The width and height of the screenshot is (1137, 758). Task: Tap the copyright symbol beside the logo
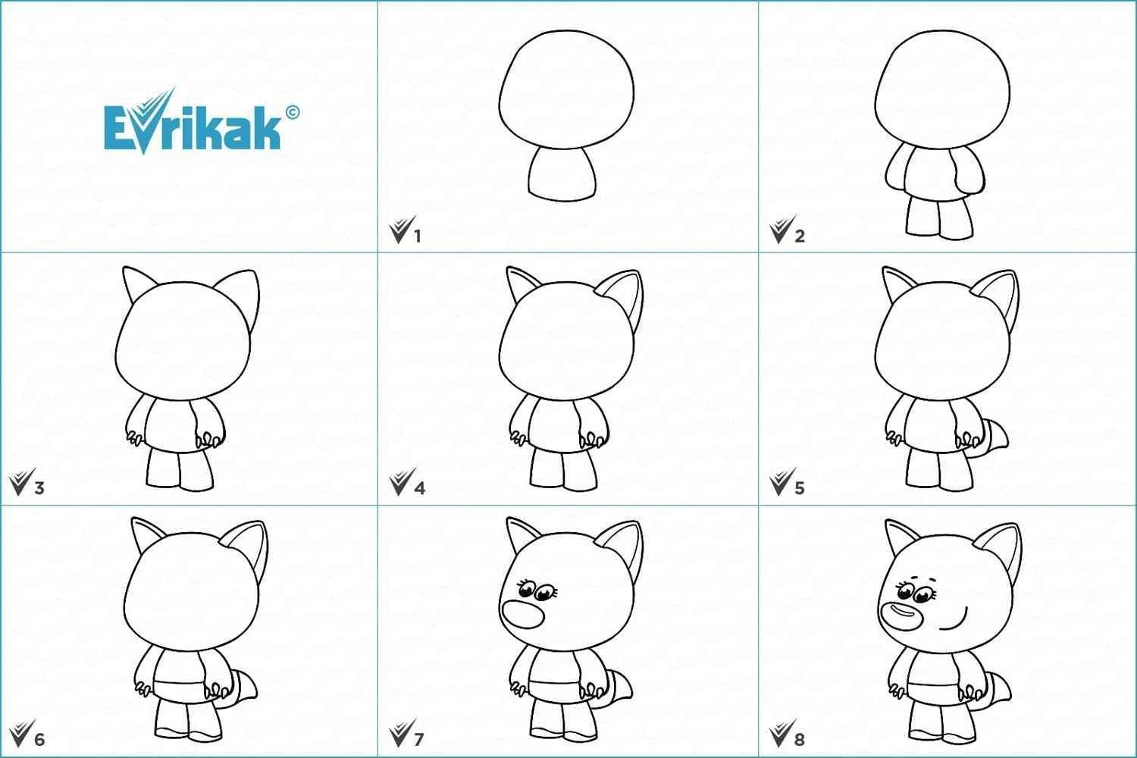coord(293,111)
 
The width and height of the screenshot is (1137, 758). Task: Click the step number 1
coord(417,236)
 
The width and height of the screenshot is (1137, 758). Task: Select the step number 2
coord(800,236)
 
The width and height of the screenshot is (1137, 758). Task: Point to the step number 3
coord(39,488)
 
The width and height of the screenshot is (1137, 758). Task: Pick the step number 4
coord(420,488)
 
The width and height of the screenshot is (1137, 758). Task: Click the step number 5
coord(800,488)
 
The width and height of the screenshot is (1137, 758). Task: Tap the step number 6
coord(39,739)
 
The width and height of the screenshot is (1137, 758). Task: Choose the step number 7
coord(418,739)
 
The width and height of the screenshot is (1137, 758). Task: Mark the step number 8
coord(800,739)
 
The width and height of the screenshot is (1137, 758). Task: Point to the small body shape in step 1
coord(562,174)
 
